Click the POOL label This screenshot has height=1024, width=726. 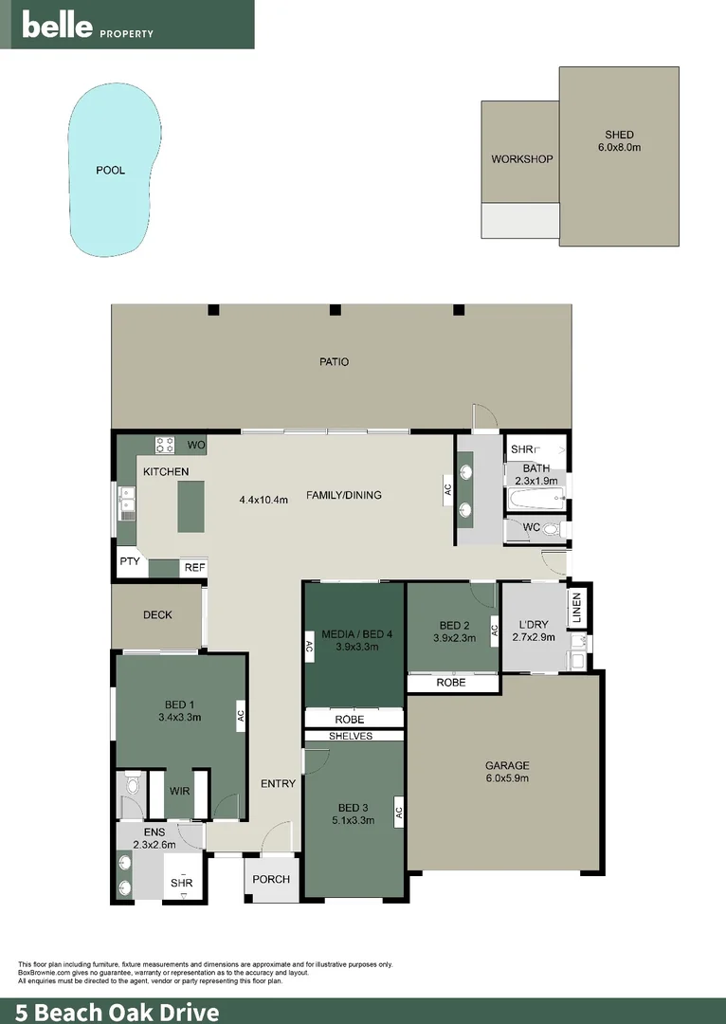coord(110,171)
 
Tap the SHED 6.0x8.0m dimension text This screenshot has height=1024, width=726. coord(619,148)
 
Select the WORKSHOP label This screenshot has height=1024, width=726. coord(521,159)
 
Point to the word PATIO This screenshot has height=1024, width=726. coord(334,361)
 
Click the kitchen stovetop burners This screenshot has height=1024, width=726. coord(166,445)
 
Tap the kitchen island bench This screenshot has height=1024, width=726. coord(191,505)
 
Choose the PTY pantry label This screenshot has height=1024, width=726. coord(129,561)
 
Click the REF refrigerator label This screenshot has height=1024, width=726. coord(194,568)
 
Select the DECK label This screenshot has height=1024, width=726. coord(157,615)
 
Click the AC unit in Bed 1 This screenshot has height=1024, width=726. coord(241,714)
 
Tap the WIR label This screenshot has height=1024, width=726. coord(179,791)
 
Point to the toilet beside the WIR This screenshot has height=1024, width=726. coord(132,784)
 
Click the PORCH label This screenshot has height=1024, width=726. coord(271,879)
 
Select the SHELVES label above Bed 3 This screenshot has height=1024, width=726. coord(351,736)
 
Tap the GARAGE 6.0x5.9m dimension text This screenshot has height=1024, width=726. coord(506,778)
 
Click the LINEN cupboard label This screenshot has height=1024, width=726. coord(576,609)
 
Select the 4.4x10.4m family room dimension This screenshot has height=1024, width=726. coord(263,500)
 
